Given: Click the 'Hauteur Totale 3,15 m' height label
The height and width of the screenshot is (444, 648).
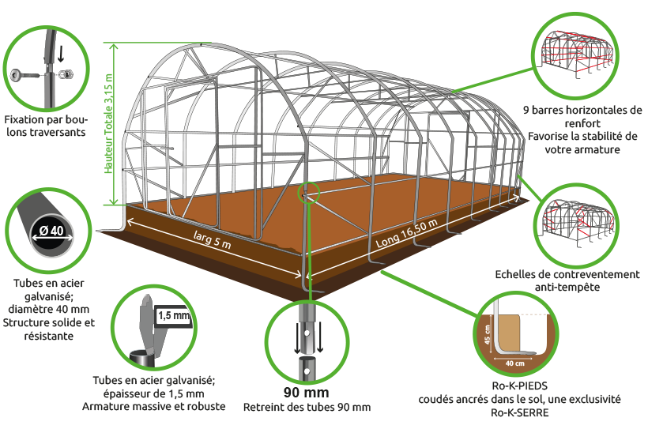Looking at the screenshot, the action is click(109, 123).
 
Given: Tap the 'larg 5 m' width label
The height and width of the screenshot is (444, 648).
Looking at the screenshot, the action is click(213, 239).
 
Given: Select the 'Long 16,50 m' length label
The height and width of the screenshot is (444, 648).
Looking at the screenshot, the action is click(407, 233).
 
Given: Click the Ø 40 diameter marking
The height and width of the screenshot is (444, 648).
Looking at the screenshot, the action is click(52, 231).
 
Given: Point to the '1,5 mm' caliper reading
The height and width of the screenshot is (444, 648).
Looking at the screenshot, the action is click(174, 316).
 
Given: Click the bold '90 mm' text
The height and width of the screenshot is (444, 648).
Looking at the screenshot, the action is click(307, 392).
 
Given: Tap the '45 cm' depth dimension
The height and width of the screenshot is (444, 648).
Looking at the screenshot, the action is click(488, 334).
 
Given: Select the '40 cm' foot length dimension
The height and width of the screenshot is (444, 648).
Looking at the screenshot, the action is click(515, 363).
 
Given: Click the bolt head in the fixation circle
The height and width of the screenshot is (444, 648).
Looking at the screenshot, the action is click(17, 75).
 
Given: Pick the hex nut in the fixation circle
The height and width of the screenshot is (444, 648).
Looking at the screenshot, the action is click(66, 75).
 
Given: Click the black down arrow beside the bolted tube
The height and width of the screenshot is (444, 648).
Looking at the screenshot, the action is click(61, 54).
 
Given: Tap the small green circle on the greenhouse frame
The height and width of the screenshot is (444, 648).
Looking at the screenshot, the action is click(309, 192).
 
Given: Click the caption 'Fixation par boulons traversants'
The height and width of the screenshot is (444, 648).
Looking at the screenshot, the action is click(46, 126).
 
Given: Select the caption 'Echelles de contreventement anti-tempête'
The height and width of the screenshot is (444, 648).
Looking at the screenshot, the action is click(567, 280).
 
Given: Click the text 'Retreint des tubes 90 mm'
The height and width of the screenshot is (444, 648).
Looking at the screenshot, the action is click(307, 407).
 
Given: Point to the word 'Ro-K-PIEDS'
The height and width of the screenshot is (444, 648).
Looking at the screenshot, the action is click(519, 386).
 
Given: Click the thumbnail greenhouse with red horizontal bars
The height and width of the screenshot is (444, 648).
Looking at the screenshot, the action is click(577, 54).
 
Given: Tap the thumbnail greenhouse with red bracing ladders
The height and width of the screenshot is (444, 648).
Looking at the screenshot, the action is click(578, 223).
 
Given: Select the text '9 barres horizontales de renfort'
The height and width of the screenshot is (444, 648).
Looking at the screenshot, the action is click(582, 116).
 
